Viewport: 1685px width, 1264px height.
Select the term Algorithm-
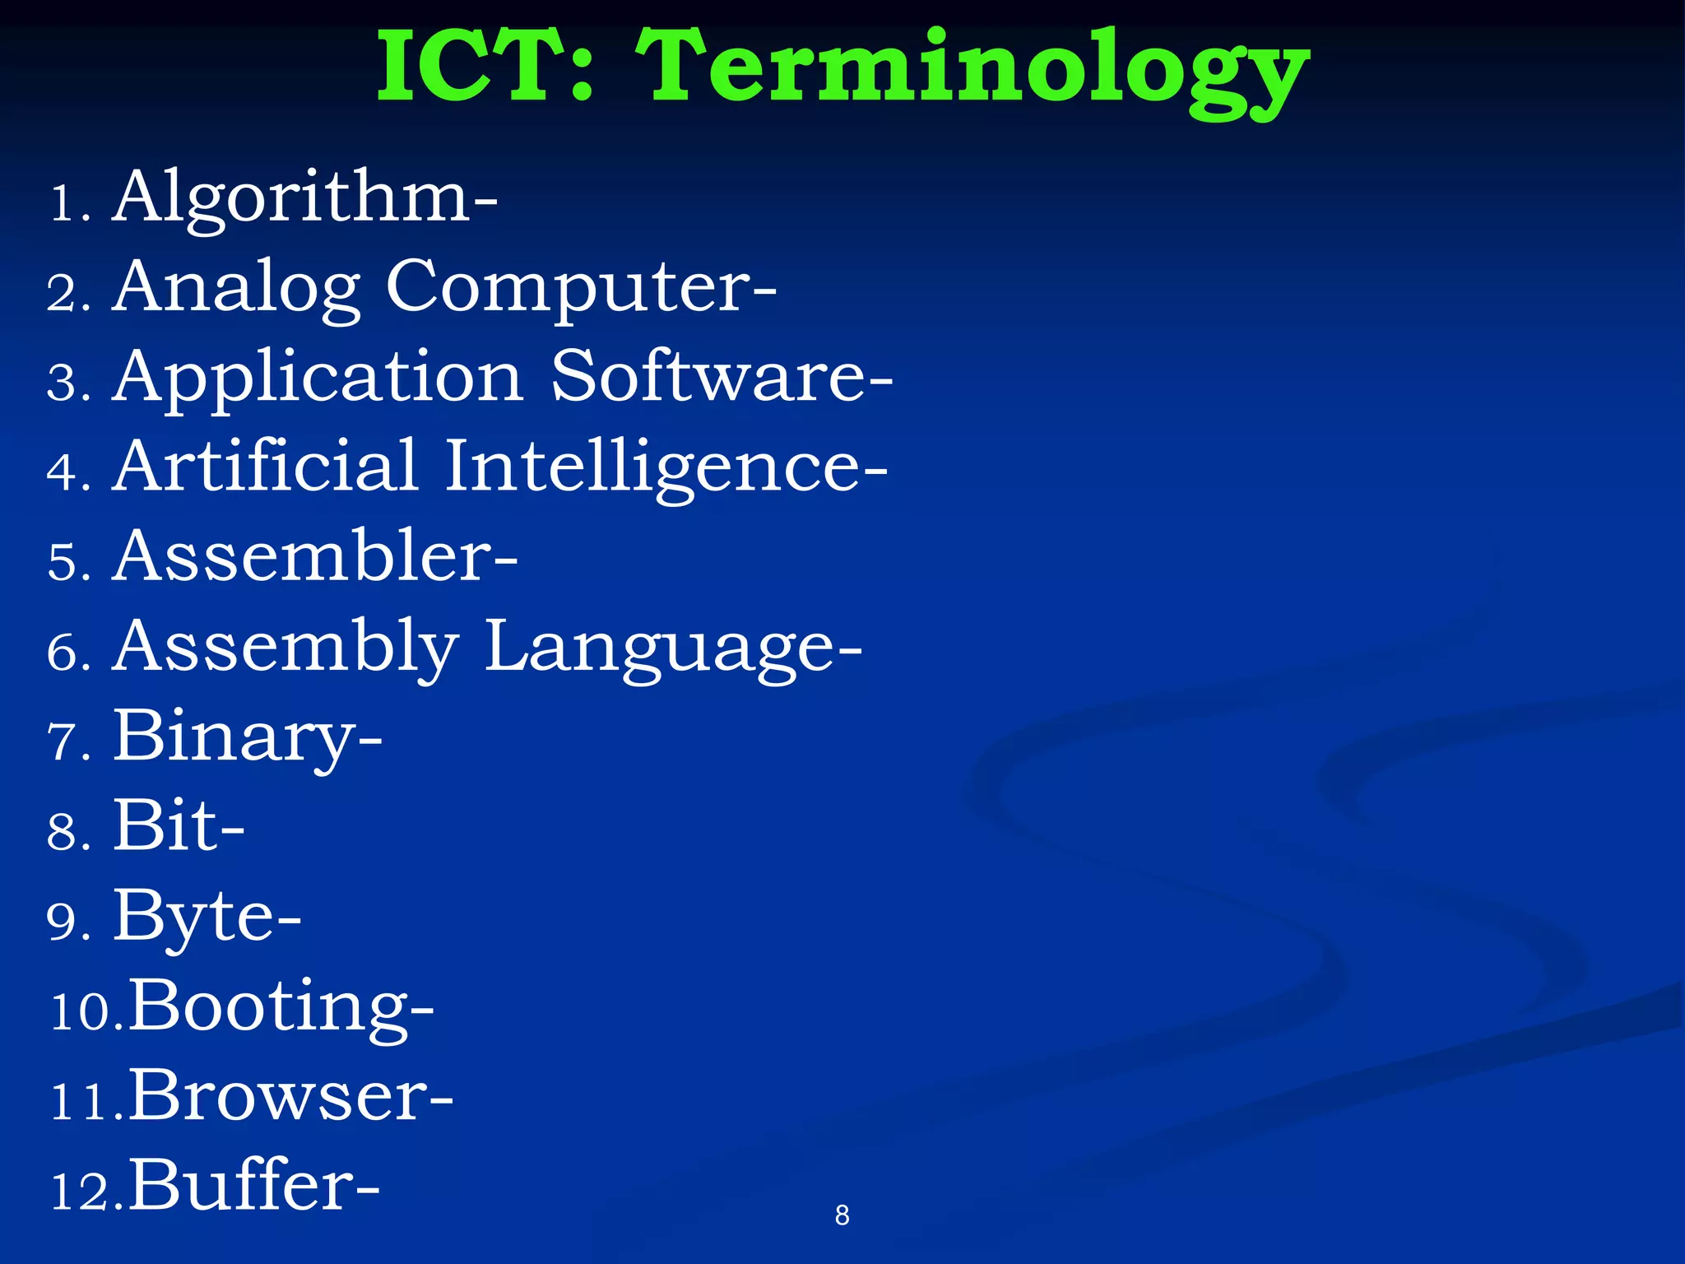pyautogui.click(x=305, y=197)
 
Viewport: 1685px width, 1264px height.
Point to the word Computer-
pyautogui.click(x=581, y=288)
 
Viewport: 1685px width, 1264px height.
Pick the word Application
pyautogui.click(x=318, y=379)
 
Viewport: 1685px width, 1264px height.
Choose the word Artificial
pyautogui.click(x=266, y=467)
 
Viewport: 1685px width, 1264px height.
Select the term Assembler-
pyautogui.click(x=316, y=557)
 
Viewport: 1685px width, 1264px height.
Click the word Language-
pyautogui.click(x=673, y=648)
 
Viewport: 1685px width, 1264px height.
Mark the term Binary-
pyautogui.click(x=248, y=738)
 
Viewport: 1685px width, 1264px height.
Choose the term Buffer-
pyautogui.click(x=254, y=1186)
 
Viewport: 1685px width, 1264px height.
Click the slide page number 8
pyautogui.click(x=842, y=1215)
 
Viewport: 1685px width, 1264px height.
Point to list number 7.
pyautogui.click(x=67, y=742)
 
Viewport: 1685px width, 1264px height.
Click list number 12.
pyautogui.click(x=85, y=1192)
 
